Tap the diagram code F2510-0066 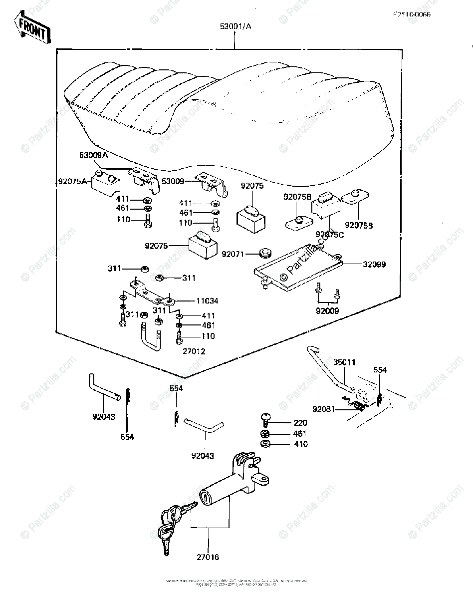(412, 14)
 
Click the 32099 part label (374, 264)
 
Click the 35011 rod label (345, 362)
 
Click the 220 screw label (300, 423)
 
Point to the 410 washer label (300, 444)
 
